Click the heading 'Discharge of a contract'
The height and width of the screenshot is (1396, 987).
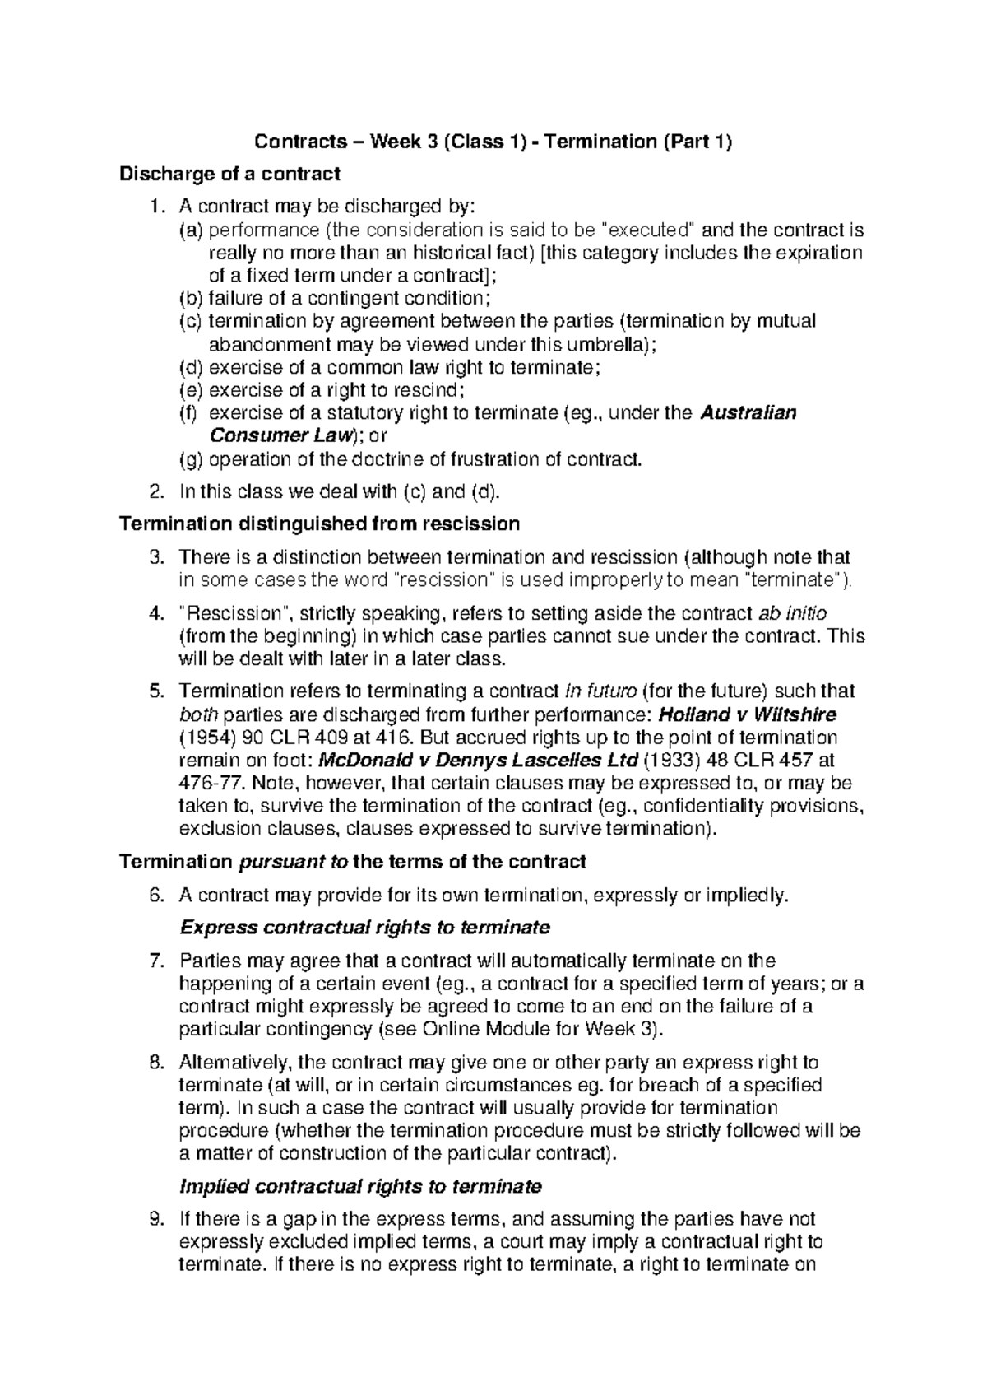point(229,174)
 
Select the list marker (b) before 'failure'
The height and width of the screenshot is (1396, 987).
point(191,297)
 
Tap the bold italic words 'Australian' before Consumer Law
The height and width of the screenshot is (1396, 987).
point(748,412)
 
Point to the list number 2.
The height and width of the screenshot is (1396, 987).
point(156,491)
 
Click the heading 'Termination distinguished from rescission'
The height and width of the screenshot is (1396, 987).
point(319,523)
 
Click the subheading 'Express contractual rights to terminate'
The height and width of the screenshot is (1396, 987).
point(364,928)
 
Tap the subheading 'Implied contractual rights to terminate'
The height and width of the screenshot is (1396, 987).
point(360,1186)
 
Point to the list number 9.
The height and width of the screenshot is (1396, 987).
point(156,1219)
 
